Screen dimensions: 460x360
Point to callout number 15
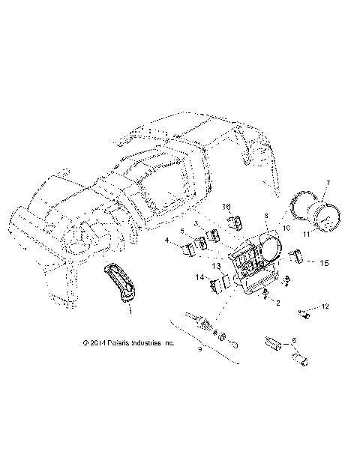(x=325, y=263)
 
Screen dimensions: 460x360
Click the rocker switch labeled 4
(x=184, y=244)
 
